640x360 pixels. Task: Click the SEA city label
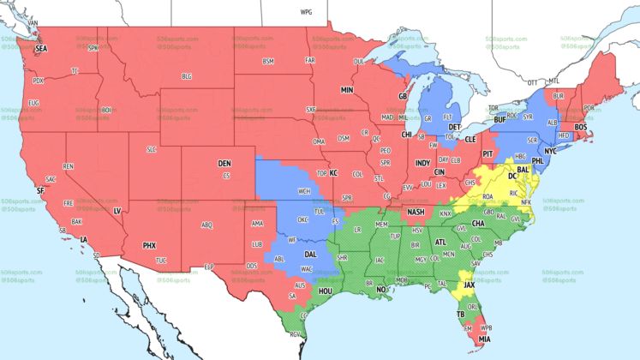pyautogui.click(x=41, y=49)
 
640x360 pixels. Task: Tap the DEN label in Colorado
pyautogui.click(x=224, y=163)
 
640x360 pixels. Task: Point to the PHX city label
pyautogui.click(x=149, y=245)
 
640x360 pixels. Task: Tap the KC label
pyautogui.click(x=334, y=173)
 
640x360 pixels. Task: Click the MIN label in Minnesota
pyautogui.click(x=347, y=89)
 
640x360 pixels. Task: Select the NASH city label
pyautogui.click(x=416, y=212)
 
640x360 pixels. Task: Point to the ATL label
pyautogui.click(x=441, y=243)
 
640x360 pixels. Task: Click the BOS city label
pyautogui.click(x=581, y=127)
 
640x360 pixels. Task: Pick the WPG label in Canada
pyautogui.click(x=306, y=13)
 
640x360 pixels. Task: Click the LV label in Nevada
pyautogui.click(x=117, y=210)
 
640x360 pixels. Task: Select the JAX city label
pyautogui.click(x=470, y=285)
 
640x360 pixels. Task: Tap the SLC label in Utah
pyautogui.click(x=152, y=149)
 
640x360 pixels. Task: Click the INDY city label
pyautogui.click(x=423, y=162)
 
